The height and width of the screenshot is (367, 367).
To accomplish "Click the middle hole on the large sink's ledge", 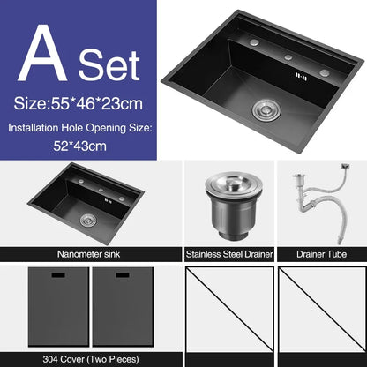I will (x=287, y=57).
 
